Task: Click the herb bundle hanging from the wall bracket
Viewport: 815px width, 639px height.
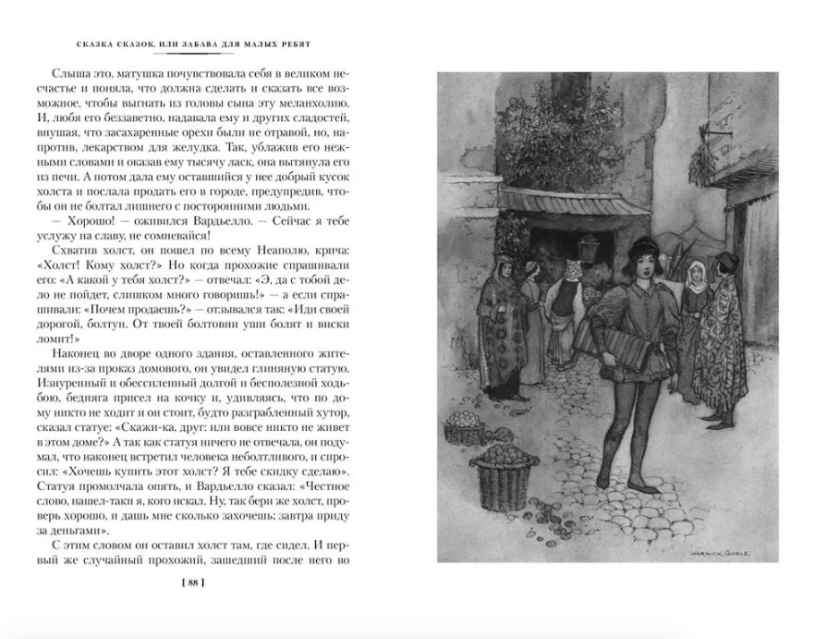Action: tap(716, 155)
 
